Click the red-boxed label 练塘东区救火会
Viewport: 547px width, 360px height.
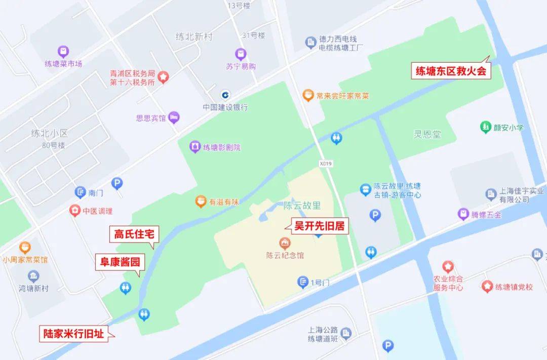click(451, 71)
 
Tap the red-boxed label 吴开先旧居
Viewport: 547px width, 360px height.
click(319, 226)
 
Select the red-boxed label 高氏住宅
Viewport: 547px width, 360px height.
click(134, 234)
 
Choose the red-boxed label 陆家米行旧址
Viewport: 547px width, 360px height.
click(74, 334)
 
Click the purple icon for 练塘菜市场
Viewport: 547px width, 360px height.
click(63, 52)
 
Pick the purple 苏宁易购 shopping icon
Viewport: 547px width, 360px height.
click(241, 54)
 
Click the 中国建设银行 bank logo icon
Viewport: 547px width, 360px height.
click(225, 95)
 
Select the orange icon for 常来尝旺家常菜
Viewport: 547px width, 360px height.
click(307, 95)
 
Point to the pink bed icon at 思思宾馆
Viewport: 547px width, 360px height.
click(174, 117)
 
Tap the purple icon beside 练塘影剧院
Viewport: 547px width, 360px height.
click(194, 147)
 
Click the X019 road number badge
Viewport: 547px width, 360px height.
click(326, 164)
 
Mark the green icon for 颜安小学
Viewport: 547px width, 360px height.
click(486, 127)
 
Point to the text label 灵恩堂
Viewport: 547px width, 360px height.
click(427, 135)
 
